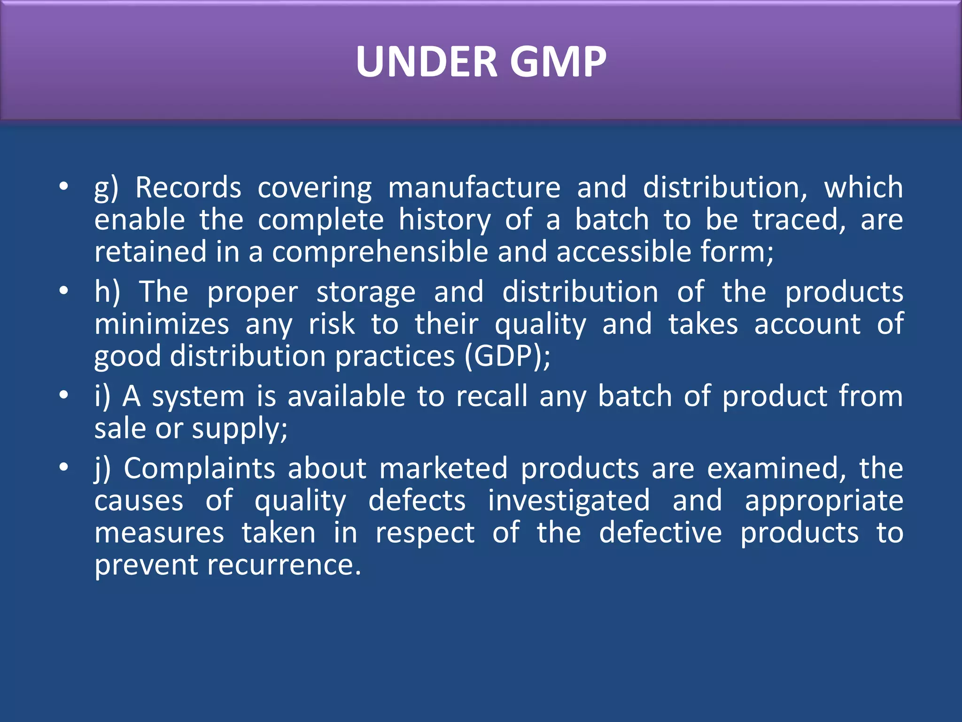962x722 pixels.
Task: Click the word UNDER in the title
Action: click(x=427, y=62)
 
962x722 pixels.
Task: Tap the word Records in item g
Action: click(x=188, y=188)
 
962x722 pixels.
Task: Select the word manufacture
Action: click(x=474, y=188)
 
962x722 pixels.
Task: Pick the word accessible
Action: click(x=624, y=251)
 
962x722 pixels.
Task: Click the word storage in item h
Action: click(x=366, y=292)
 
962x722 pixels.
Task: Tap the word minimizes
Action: click(x=162, y=324)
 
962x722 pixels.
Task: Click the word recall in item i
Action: click(x=492, y=396)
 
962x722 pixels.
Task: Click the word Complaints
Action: click(x=200, y=469)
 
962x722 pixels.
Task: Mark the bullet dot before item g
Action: click(x=64, y=187)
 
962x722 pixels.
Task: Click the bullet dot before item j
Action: click(x=64, y=468)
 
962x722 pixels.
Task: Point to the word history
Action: click(x=445, y=220)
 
